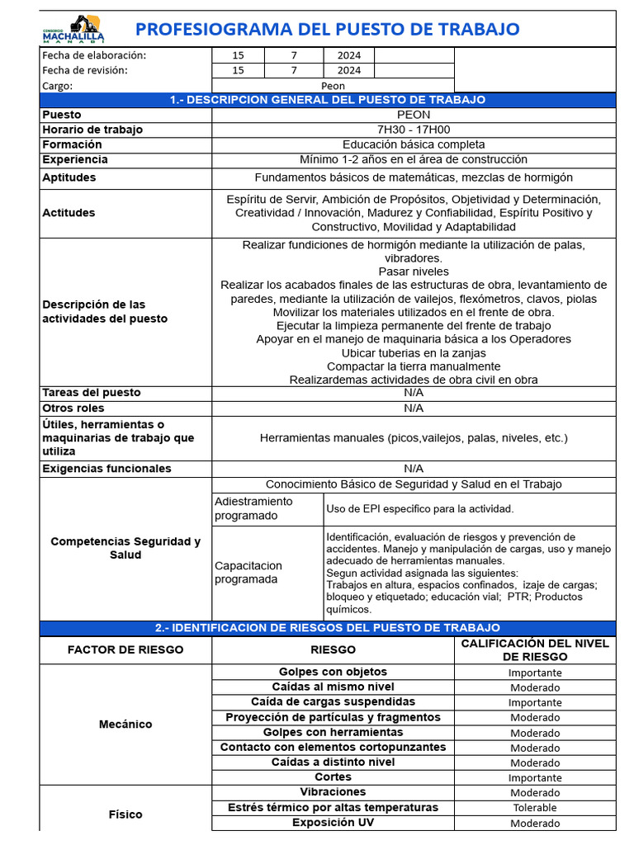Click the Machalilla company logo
click(x=73, y=30)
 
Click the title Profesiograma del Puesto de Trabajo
click(x=327, y=30)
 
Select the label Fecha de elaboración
click(x=93, y=55)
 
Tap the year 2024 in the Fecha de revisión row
click(x=349, y=70)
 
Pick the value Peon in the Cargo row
click(x=333, y=85)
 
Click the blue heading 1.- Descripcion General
click(x=327, y=100)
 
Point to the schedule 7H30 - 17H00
click(x=414, y=130)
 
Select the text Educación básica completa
click(x=414, y=144)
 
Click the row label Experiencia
click(x=74, y=159)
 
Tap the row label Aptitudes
click(x=69, y=177)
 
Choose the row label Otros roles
click(x=73, y=408)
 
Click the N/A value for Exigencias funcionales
click(x=414, y=468)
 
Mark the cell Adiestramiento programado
click(x=253, y=508)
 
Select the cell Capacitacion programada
click(x=248, y=572)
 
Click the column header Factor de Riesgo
click(x=125, y=649)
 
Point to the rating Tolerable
click(x=534, y=808)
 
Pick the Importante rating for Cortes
click(x=534, y=777)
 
